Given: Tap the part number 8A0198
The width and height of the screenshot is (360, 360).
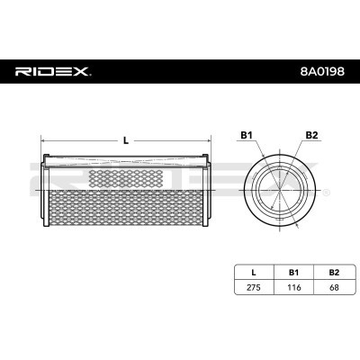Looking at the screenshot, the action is tap(322, 71).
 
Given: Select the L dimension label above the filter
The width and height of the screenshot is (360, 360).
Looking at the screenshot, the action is tap(126, 140).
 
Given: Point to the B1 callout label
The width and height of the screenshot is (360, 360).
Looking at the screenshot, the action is tap(246, 135).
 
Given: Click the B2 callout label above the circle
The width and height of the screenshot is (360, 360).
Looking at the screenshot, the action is tap(311, 135).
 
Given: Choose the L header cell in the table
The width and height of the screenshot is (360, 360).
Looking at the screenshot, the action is tap(254, 273).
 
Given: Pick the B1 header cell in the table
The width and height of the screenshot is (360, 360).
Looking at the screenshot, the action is tap(293, 273).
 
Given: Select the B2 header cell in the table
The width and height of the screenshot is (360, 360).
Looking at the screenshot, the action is tap(334, 273).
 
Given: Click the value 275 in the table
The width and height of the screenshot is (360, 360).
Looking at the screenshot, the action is tap(254, 287).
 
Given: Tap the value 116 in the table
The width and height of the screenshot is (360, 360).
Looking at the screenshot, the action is tap(293, 287).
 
